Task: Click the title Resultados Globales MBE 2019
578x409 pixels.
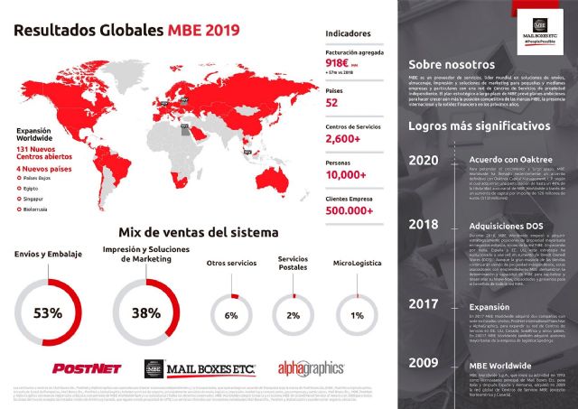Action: (x=126, y=30)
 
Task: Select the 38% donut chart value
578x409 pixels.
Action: (x=146, y=313)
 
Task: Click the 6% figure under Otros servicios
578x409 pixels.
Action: (x=230, y=315)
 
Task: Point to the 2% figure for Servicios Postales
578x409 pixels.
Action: (x=293, y=315)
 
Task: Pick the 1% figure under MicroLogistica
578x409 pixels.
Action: (x=357, y=315)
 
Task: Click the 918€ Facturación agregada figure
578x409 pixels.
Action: (x=340, y=66)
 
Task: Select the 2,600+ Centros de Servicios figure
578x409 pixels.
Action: (x=344, y=139)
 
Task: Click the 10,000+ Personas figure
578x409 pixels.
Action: (x=348, y=176)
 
